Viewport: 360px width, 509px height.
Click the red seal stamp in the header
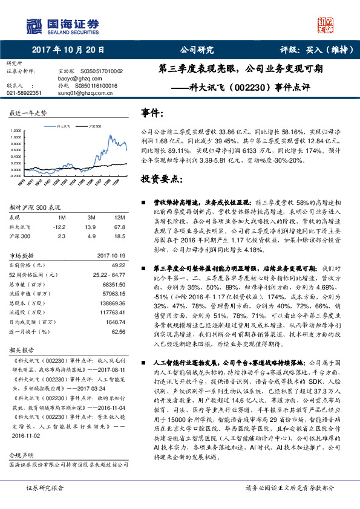click(x=327, y=25)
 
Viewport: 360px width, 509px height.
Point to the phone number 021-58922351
click(x=24, y=93)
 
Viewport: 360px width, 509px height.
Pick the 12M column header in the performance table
click(x=120, y=216)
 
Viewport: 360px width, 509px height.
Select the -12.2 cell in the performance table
click(x=59, y=226)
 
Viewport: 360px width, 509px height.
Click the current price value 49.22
click(x=118, y=264)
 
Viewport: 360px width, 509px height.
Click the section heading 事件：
click(x=152, y=114)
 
